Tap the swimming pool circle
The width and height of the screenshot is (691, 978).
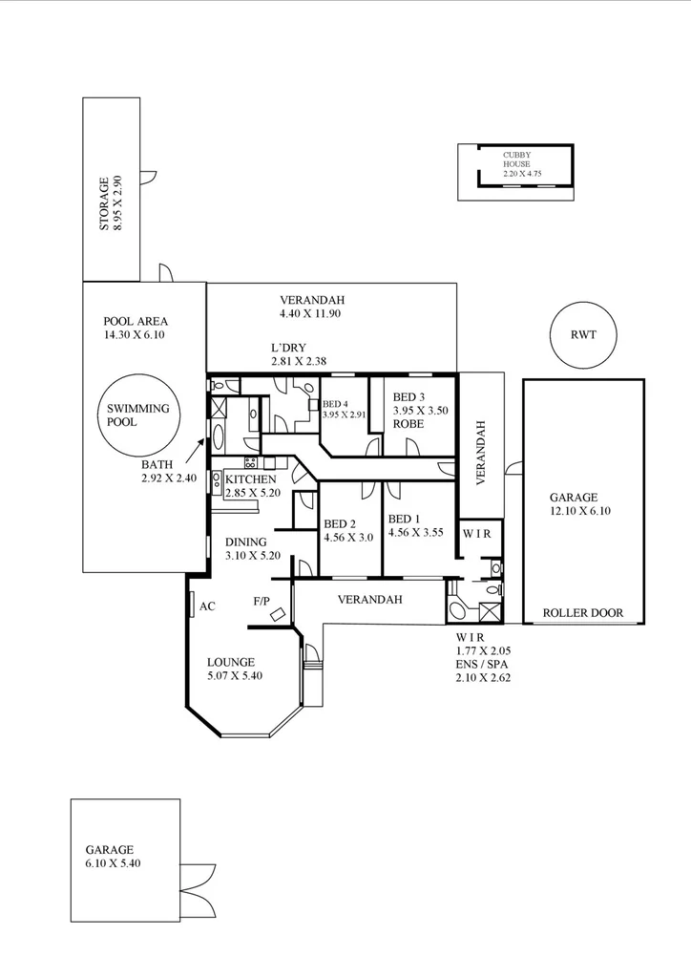click(x=137, y=415)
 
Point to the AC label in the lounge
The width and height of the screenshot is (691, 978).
click(x=207, y=606)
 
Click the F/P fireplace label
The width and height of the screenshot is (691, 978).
click(x=261, y=601)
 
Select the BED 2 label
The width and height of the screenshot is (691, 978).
click(x=340, y=523)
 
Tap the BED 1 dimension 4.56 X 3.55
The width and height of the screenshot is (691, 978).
click(x=417, y=533)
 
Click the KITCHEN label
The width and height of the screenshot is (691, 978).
click(x=250, y=479)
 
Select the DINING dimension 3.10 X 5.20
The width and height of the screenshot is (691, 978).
click(x=253, y=555)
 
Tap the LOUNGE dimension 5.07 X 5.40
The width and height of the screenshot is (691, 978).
click(x=235, y=675)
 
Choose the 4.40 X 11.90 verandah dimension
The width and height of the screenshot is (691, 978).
click(x=310, y=313)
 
